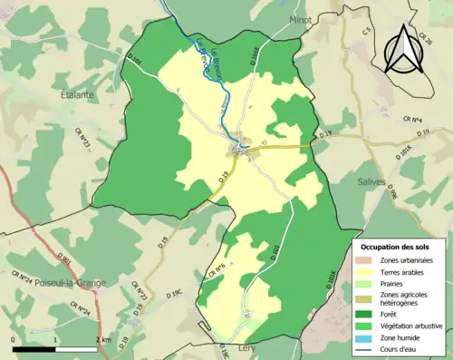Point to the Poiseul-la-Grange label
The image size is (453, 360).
pyautogui.click(x=71, y=282)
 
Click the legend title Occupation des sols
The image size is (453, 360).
pyautogui.click(x=394, y=247)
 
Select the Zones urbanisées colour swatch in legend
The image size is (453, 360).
pyautogui.click(x=367, y=260)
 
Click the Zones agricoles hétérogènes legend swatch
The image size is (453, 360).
pyautogui.click(x=367, y=295)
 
